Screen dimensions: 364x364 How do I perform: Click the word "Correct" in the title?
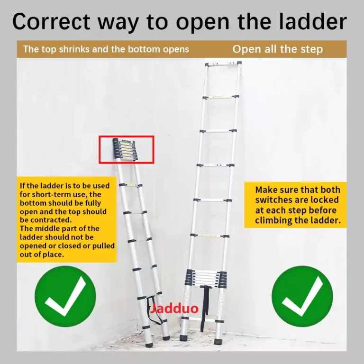51,22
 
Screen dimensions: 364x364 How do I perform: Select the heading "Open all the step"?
278,49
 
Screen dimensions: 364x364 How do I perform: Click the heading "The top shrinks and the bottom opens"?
106,49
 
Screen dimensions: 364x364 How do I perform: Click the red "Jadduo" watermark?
174,309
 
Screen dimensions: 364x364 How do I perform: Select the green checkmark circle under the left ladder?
65,296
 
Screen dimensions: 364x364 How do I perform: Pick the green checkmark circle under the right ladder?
302,296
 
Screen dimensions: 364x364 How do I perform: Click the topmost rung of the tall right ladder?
223,64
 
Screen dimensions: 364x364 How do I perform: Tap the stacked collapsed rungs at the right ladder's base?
206,278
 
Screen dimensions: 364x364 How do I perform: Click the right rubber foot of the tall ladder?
218,341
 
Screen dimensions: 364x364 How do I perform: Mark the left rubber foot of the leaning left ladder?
149,345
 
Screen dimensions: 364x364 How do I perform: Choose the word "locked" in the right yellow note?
325,200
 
